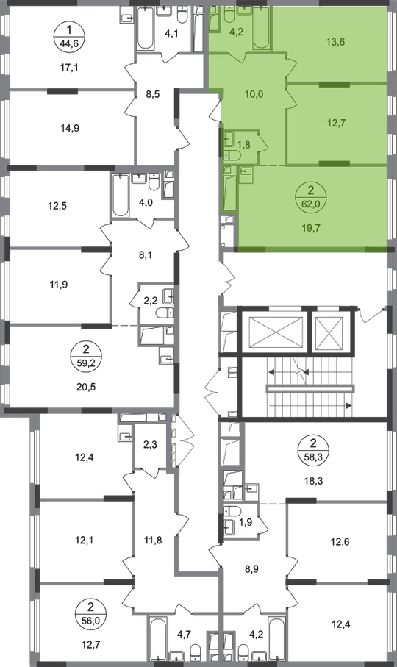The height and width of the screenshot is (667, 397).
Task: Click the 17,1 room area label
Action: coord(69,67)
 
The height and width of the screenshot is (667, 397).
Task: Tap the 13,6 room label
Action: coord(336,42)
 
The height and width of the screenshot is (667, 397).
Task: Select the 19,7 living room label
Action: coord(312,228)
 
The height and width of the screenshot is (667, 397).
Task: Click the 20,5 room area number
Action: coord(87,387)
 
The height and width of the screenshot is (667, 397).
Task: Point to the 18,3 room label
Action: coord(314,482)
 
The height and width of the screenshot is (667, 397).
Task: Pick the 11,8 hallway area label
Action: coord(153,541)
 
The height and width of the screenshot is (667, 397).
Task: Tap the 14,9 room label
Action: coord(70,128)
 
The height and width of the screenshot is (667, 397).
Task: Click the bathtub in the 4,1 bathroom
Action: coord(146,29)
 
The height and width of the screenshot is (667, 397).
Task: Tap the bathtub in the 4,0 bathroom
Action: coord(121,196)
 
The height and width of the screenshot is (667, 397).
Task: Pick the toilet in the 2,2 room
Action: coord(165,313)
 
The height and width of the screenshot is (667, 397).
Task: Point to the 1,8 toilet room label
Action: coord(244,145)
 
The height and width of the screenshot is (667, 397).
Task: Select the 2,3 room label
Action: coord(150,446)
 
